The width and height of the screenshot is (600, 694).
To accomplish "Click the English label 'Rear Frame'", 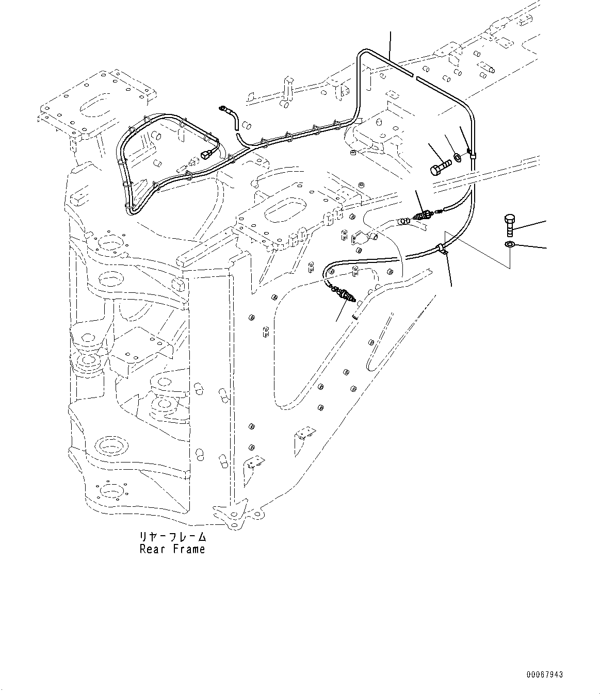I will [172, 549].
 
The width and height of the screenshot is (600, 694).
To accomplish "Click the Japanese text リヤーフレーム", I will [172, 537].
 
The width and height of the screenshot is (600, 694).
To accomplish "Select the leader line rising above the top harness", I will [390, 44].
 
